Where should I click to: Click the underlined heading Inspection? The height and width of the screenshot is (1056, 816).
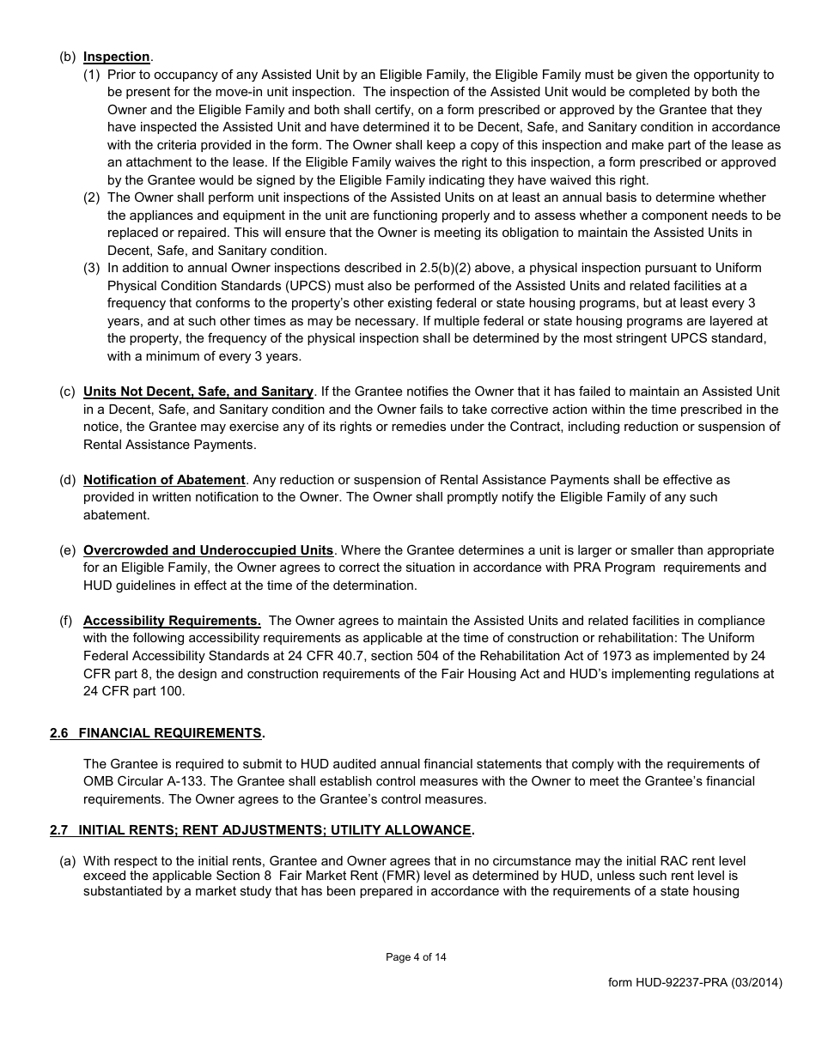tap(116, 57)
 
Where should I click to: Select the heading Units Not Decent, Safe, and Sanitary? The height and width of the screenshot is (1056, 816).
tap(198, 391)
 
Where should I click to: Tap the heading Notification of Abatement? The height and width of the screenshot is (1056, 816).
tap(164, 480)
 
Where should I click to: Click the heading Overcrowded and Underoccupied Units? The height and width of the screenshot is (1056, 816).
tap(208, 550)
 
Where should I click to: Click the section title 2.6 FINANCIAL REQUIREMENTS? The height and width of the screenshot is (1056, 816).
tap(157, 733)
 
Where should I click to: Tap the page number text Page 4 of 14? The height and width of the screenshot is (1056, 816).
tap(416, 957)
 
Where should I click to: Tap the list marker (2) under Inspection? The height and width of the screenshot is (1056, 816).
tap(92, 197)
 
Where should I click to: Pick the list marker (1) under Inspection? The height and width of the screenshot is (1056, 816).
tap(92, 75)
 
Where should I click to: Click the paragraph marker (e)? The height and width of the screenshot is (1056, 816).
tap(67, 550)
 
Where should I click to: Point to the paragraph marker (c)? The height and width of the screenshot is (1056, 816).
tap(67, 391)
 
